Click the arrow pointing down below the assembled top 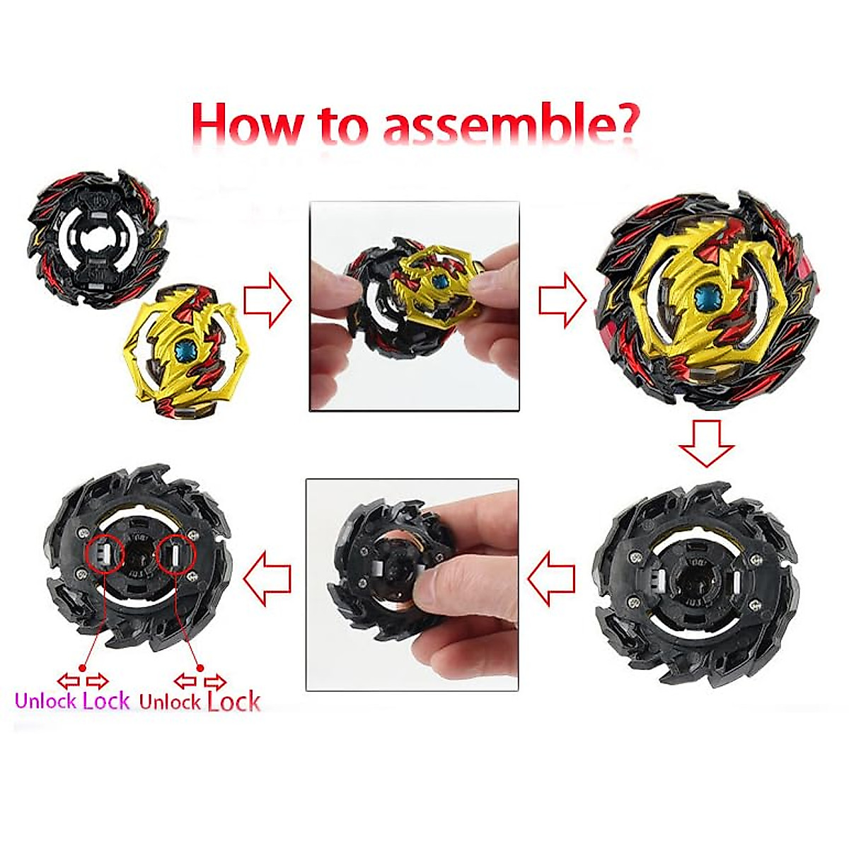pos(705,443)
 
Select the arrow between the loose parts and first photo pos(267,301)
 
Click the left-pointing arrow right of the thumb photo pos(552,578)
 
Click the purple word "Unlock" pos(47,702)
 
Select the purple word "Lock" pos(106,701)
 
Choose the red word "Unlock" pos(171,702)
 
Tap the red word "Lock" pos(234,702)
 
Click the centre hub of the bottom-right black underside pos(697,582)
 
